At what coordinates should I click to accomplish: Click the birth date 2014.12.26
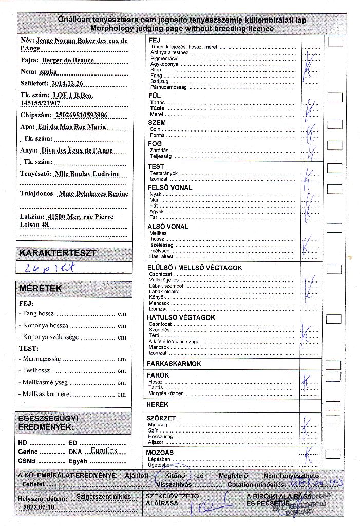point(70,82)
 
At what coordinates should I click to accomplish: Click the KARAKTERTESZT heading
point(57,253)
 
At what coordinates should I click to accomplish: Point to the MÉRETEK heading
point(40,289)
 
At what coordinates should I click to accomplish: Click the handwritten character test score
point(50,267)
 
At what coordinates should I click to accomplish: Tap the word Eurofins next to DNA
point(103,450)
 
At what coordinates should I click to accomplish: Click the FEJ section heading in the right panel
point(154,40)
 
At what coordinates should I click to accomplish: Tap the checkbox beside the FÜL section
point(335,96)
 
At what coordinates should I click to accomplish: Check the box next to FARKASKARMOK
point(333,365)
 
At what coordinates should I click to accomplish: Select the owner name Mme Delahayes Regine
point(92,194)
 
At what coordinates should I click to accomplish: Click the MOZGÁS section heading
point(160,452)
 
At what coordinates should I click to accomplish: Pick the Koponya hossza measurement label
point(43,325)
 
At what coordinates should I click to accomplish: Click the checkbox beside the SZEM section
point(335,124)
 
